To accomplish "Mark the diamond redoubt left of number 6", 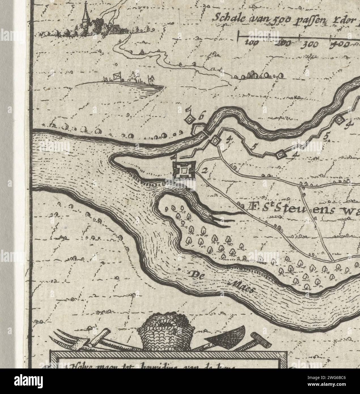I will coord(189,120).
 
